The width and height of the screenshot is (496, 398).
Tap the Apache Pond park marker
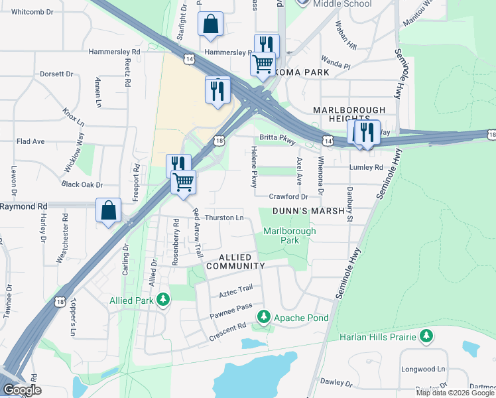(264, 318)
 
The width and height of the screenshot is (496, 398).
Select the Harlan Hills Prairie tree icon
(425, 337)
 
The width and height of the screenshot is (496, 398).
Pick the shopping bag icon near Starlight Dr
(210, 24)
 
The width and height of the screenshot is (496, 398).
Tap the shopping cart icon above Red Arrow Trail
(184, 181)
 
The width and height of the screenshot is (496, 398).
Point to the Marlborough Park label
(289, 235)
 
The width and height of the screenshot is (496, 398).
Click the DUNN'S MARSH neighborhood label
(308, 212)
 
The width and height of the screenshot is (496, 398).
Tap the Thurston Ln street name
(224, 218)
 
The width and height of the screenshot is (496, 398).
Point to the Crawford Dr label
(288, 196)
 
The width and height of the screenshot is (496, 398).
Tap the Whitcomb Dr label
(31, 12)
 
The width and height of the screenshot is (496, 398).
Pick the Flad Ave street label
(31, 141)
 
